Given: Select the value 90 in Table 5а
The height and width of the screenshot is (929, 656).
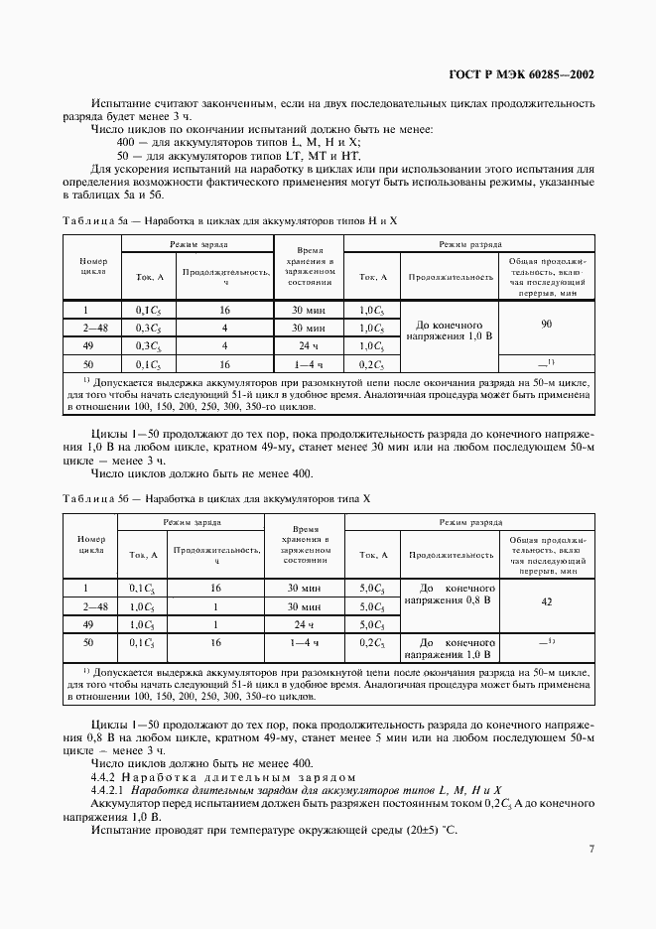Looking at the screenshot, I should tap(546, 325).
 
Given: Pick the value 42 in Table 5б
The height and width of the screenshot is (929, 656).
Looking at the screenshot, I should tap(546, 601).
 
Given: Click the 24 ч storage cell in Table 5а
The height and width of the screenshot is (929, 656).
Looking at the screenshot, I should tap(305, 345).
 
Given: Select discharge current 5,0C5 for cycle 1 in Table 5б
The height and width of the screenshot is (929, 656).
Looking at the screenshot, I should tap(372, 589).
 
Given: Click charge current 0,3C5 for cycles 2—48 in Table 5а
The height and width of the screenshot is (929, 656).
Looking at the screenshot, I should tap(148, 328).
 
